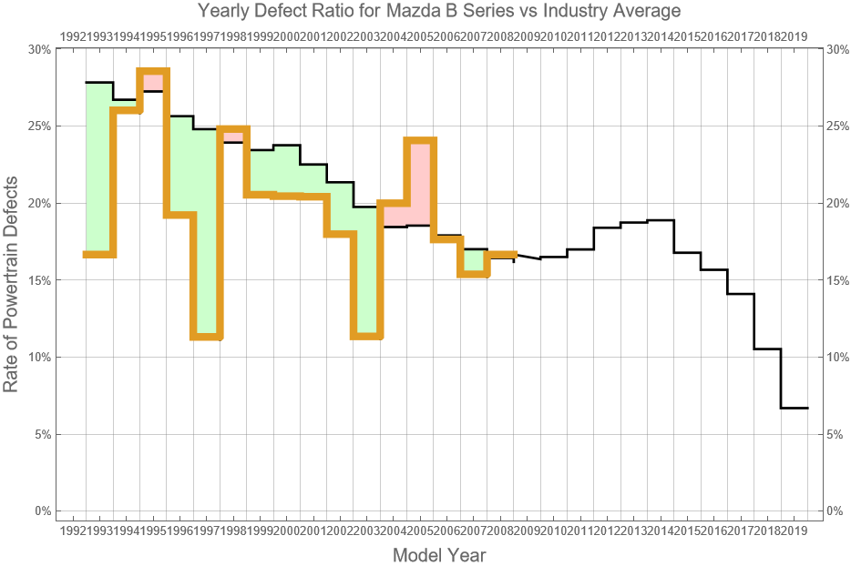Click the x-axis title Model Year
click(438, 555)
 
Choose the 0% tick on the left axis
click(42, 510)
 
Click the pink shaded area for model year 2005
click(419, 182)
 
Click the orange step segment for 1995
click(153, 72)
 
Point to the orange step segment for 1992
click(99, 254)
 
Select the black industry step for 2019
click(794, 408)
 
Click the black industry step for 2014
click(661, 220)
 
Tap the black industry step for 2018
click(767, 349)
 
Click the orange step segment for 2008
click(500, 255)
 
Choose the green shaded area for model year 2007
click(474, 261)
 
